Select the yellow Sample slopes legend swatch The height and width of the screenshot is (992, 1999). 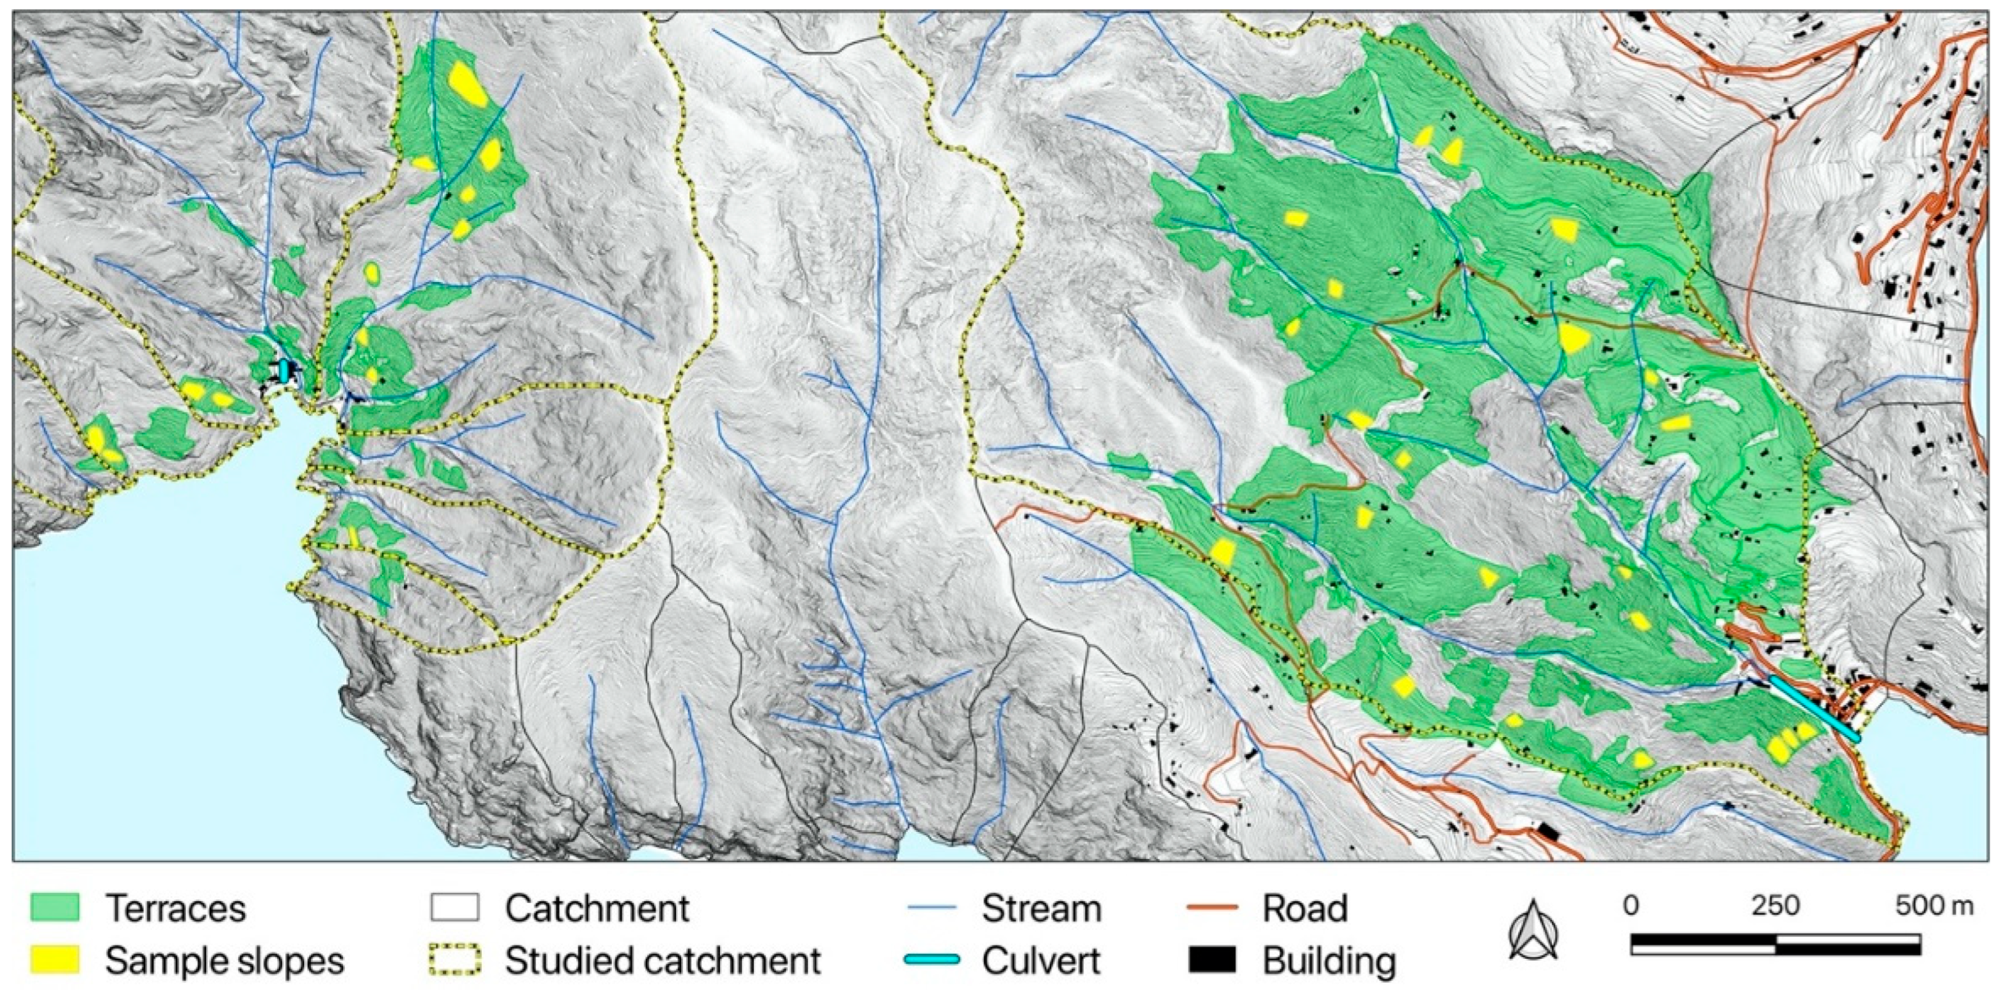(x=54, y=960)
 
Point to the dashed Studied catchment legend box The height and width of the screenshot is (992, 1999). (x=454, y=960)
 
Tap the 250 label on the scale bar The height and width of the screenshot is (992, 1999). (x=1775, y=906)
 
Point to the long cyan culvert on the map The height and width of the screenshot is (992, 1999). (x=1814, y=709)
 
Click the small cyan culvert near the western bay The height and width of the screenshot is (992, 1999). (x=284, y=370)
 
